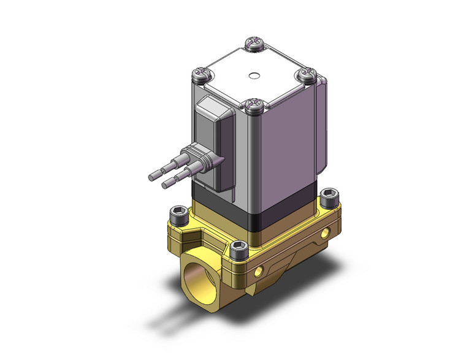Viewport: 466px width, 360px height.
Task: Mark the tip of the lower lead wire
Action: tap(164, 184)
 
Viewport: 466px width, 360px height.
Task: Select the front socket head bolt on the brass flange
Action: tap(239, 248)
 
